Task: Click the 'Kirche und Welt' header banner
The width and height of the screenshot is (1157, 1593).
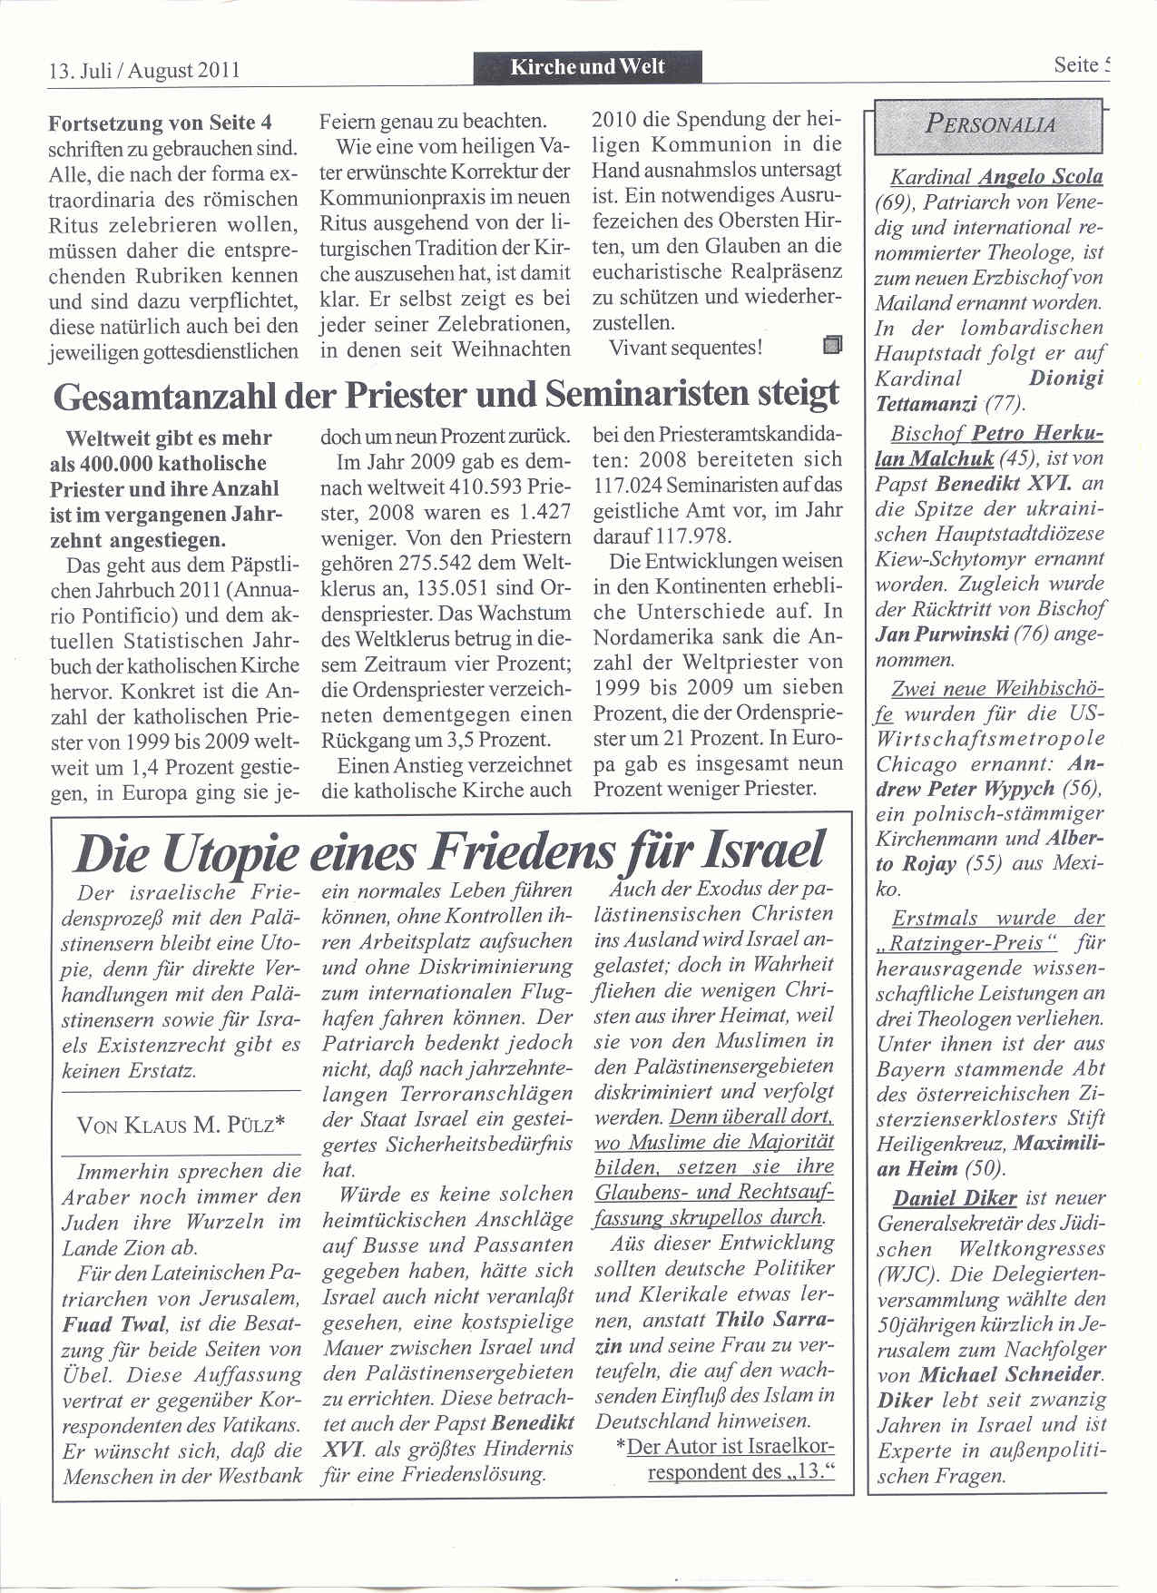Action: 587,66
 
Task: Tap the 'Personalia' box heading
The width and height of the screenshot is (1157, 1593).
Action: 990,124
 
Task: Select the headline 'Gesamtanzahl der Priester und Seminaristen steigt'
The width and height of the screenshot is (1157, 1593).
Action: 446,394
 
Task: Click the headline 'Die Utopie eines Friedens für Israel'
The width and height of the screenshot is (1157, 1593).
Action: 448,851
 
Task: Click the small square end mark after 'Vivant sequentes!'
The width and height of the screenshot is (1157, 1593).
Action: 832,345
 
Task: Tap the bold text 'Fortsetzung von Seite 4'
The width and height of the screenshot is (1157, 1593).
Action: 161,123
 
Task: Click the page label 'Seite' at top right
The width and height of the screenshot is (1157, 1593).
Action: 1076,65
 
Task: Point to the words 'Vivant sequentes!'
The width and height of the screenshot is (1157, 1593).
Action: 686,347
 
